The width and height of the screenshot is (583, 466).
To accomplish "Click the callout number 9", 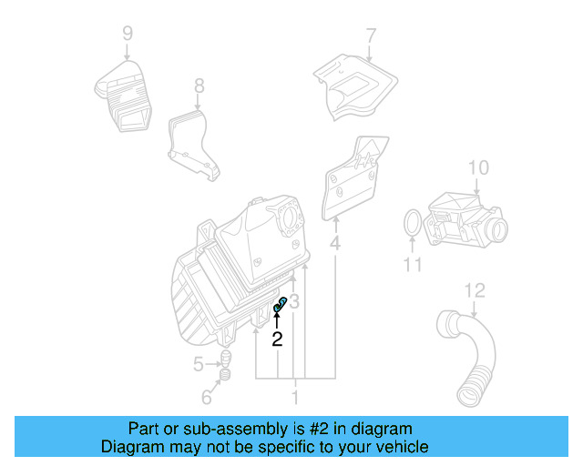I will (x=128, y=34).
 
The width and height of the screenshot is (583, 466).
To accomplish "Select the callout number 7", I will (x=371, y=36).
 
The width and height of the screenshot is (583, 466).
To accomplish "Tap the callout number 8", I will (x=199, y=86).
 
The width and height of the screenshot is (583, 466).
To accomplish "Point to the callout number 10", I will (x=478, y=167).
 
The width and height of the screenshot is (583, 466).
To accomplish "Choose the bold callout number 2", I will (x=277, y=339).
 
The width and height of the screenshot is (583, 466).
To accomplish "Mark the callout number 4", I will (x=335, y=244).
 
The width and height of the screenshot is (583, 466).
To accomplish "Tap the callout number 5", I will (x=199, y=366).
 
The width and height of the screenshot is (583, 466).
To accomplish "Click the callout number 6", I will (x=207, y=398).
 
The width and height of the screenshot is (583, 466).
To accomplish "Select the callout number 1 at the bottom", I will (x=294, y=398).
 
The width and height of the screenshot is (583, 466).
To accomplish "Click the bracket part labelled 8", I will (x=192, y=141).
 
